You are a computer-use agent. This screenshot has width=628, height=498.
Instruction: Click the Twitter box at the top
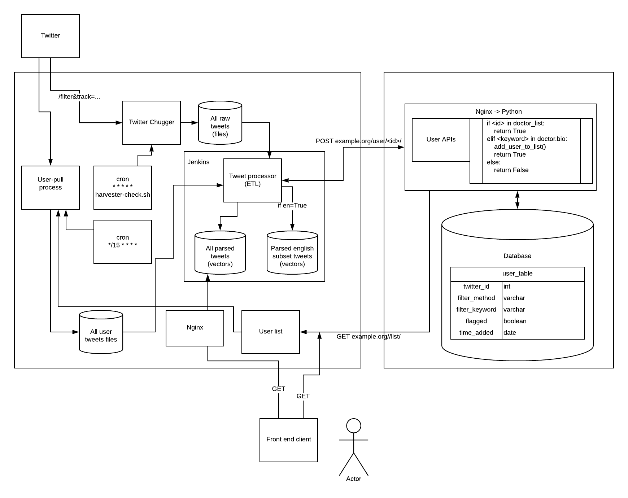tap(51, 36)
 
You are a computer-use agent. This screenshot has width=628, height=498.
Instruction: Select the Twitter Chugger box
tap(152, 122)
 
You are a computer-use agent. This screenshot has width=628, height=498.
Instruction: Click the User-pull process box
tap(51, 187)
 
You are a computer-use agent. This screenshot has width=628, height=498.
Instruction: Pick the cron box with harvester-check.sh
tap(123, 187)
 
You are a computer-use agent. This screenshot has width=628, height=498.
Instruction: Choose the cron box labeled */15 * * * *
tap(123, 241)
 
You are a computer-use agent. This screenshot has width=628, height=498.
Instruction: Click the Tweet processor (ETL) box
tap(253, 180)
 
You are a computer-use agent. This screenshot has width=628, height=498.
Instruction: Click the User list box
tap(271, 332)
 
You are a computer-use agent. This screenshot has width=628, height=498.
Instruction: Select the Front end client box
tap(289, 440)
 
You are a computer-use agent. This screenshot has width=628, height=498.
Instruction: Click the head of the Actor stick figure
tap(354, 426)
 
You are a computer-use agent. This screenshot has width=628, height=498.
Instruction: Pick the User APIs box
tap(441, 140)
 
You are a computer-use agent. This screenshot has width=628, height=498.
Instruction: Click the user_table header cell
tap(517, 274)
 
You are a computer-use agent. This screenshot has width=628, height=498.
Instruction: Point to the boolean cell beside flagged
tap(515, 321)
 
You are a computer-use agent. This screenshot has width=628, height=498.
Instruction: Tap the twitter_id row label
tap(476, 287)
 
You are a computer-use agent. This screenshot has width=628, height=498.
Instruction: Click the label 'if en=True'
tap(292, 206)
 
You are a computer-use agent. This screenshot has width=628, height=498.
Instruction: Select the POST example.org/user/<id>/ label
tap(358, 141)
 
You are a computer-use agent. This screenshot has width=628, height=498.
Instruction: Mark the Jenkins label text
tap(199, 162)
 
